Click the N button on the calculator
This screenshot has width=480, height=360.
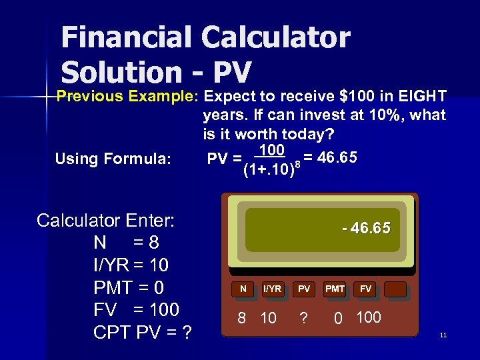pos(243,289)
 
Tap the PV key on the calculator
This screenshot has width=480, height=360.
pos(304,289)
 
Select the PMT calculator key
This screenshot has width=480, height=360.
pos(335,289)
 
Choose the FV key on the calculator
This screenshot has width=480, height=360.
pos(365,289)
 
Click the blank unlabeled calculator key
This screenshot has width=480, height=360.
pos(395,289)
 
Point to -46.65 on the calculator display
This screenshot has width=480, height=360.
pos(366,229)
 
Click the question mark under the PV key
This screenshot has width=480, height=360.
pos(304,319)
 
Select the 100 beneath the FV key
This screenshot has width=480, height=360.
pos(369,317)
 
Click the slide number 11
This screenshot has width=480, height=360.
pos(443,335)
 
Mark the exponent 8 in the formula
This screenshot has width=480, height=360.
pos(295,163)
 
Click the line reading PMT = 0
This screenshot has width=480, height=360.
pos(129,287)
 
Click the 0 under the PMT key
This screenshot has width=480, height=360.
pos(339,319)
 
